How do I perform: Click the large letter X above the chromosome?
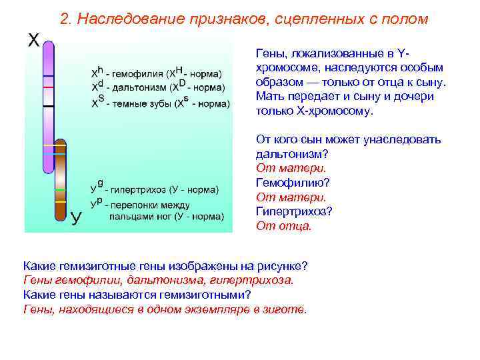pos(33,41)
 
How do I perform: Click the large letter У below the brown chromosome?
pos(77,217)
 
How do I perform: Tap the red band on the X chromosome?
pos(48,87)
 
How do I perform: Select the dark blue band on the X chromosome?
pos(48,76)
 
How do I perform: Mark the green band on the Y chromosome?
pos(60,189)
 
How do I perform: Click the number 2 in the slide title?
pos(64,19)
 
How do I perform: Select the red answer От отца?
pos(283,226)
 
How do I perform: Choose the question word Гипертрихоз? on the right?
pos(294,211)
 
